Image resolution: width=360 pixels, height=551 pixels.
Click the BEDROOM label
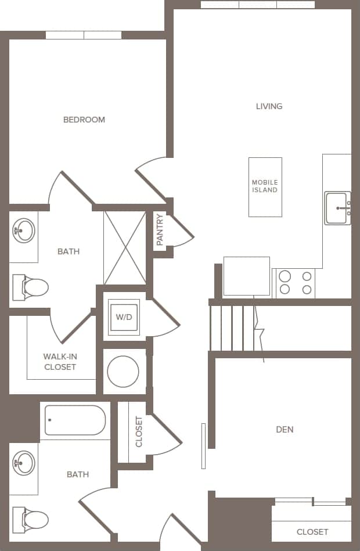coord(84,120)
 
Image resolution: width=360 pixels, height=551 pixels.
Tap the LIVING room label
coord(269,106)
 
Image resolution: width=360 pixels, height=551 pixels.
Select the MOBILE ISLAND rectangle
coord(265,187)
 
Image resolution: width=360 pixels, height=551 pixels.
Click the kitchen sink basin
coord(337,208)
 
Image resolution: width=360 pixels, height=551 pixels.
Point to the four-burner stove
coord(295,282)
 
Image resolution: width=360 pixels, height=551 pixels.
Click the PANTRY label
coord(160,229)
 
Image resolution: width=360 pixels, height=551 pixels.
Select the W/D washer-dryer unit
coord(124,317)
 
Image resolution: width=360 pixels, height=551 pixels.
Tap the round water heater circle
coord(123,372)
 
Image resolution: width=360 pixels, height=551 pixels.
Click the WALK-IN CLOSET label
coord(60,362)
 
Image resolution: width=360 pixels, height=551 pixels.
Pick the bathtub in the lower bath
coord(75,420)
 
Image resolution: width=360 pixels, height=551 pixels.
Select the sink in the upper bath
coord(24,231)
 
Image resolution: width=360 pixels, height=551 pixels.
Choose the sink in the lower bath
coord(24,463)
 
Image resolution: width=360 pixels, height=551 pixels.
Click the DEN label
coord(285,430)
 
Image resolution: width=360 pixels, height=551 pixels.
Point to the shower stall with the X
coord(124,247)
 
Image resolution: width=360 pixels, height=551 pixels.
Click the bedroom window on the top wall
coord(84,35)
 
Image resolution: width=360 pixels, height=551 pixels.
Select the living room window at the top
coord(258,5)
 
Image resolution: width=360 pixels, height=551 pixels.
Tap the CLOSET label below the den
coord(312,532)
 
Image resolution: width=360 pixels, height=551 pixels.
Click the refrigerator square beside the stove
coord(247,276)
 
